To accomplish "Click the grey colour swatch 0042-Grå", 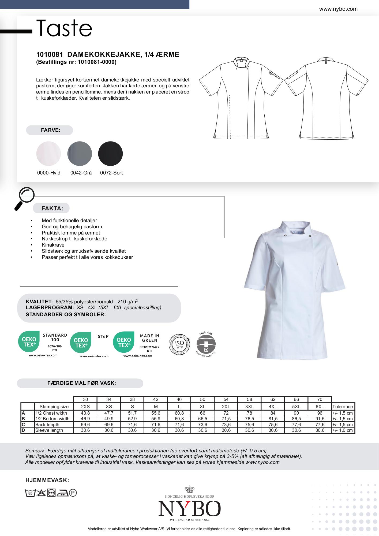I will click(x=80, y=154).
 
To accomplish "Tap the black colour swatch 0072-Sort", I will click(x=110, y=154).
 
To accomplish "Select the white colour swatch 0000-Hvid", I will click(x=48, y=154).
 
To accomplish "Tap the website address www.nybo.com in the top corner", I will click(x=338, y=9).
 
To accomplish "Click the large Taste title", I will click(x=64, y=28).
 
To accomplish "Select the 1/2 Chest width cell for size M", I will click(x=156, y=413).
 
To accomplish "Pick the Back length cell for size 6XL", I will click(x=320, y=425).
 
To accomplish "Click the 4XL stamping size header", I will click(x=273, y=407).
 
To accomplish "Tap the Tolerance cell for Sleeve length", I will click(x=343, y=430).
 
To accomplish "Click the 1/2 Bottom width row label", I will click(x=52, y=419).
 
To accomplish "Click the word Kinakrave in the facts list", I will click(x=53, y=245).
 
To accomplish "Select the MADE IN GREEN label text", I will click(x=149, y=338).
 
